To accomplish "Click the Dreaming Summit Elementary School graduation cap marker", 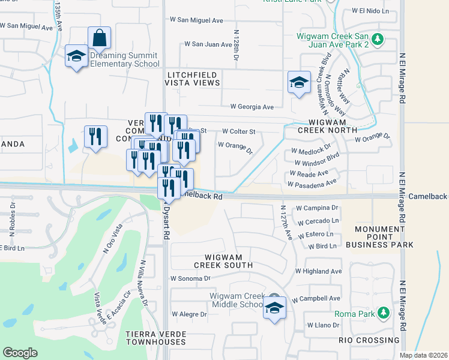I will (76, 56).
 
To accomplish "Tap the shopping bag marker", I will (99, 38).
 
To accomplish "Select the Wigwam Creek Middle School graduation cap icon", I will (274, 308).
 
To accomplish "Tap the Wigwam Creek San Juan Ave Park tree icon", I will (377, 40).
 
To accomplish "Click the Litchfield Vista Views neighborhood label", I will (193, 78).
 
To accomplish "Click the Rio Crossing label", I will (368, 340).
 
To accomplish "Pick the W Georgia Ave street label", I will (247, 107).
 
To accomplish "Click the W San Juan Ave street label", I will (208, 44).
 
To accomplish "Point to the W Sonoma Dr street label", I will (190, 278).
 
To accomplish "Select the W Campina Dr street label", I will (317, 208).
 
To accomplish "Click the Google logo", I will (20, 353).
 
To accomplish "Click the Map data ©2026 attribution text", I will (423, 355).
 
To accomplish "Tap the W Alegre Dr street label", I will (189, 314).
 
